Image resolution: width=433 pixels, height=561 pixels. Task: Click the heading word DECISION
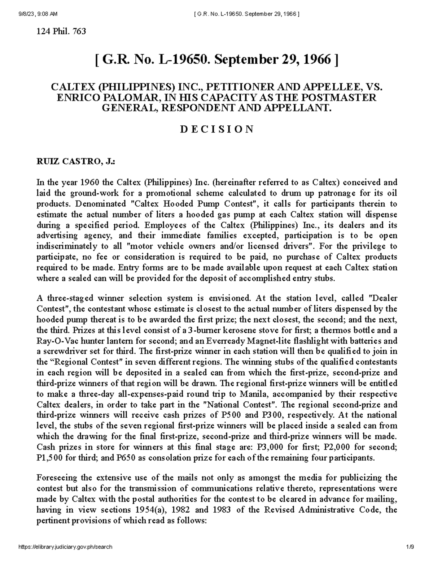[x=216, y=129]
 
